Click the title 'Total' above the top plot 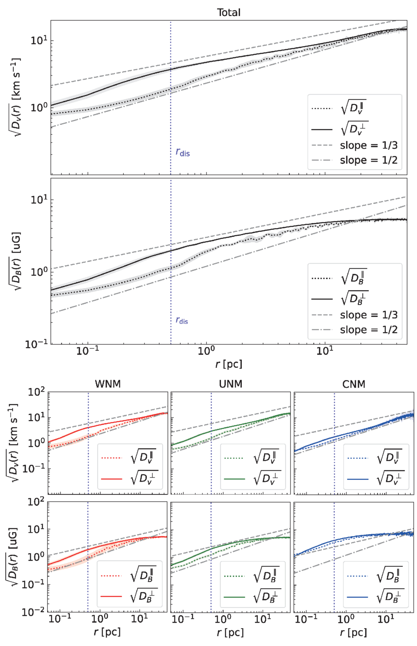[229, 12]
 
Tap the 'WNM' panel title [108, 384]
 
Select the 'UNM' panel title [231, 384]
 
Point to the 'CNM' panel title [353, 384]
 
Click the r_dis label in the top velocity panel [183, 152]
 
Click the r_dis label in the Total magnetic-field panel [182, 320]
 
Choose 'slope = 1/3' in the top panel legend [369, 145]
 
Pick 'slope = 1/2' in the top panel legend [369, 160]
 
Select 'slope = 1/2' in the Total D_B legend [369, 330]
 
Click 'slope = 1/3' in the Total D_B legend [369, 315]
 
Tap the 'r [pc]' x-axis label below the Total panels [229, 364]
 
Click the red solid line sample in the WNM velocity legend [111, 479]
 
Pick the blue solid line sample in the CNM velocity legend [358, 479]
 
